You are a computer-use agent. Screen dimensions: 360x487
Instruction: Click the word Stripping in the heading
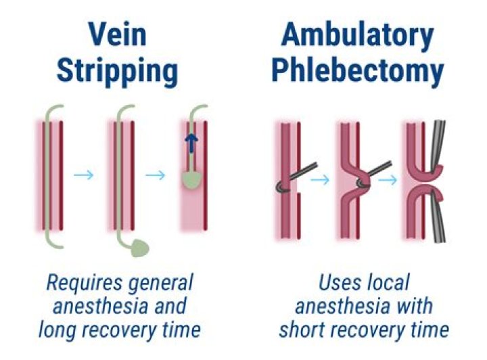pos(118,70)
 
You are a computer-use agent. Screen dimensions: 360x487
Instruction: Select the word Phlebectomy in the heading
pos(357,70)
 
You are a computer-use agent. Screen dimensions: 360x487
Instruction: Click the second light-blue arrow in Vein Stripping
pos(156,175)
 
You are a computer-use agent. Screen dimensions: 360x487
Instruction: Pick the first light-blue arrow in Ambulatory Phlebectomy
pos(320,179)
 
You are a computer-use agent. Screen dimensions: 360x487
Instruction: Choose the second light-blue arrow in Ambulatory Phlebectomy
pos(388,180)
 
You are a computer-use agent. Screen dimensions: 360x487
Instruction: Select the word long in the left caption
pos(57,330)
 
